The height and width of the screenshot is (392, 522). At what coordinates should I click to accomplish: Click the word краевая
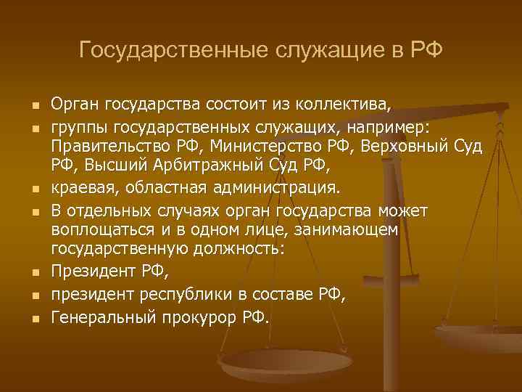85,189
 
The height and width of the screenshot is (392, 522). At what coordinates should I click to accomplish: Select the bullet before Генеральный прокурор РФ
34,317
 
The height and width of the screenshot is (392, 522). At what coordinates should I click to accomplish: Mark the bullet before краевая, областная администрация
34,189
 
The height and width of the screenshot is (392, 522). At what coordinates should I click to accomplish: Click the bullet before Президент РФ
34,274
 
